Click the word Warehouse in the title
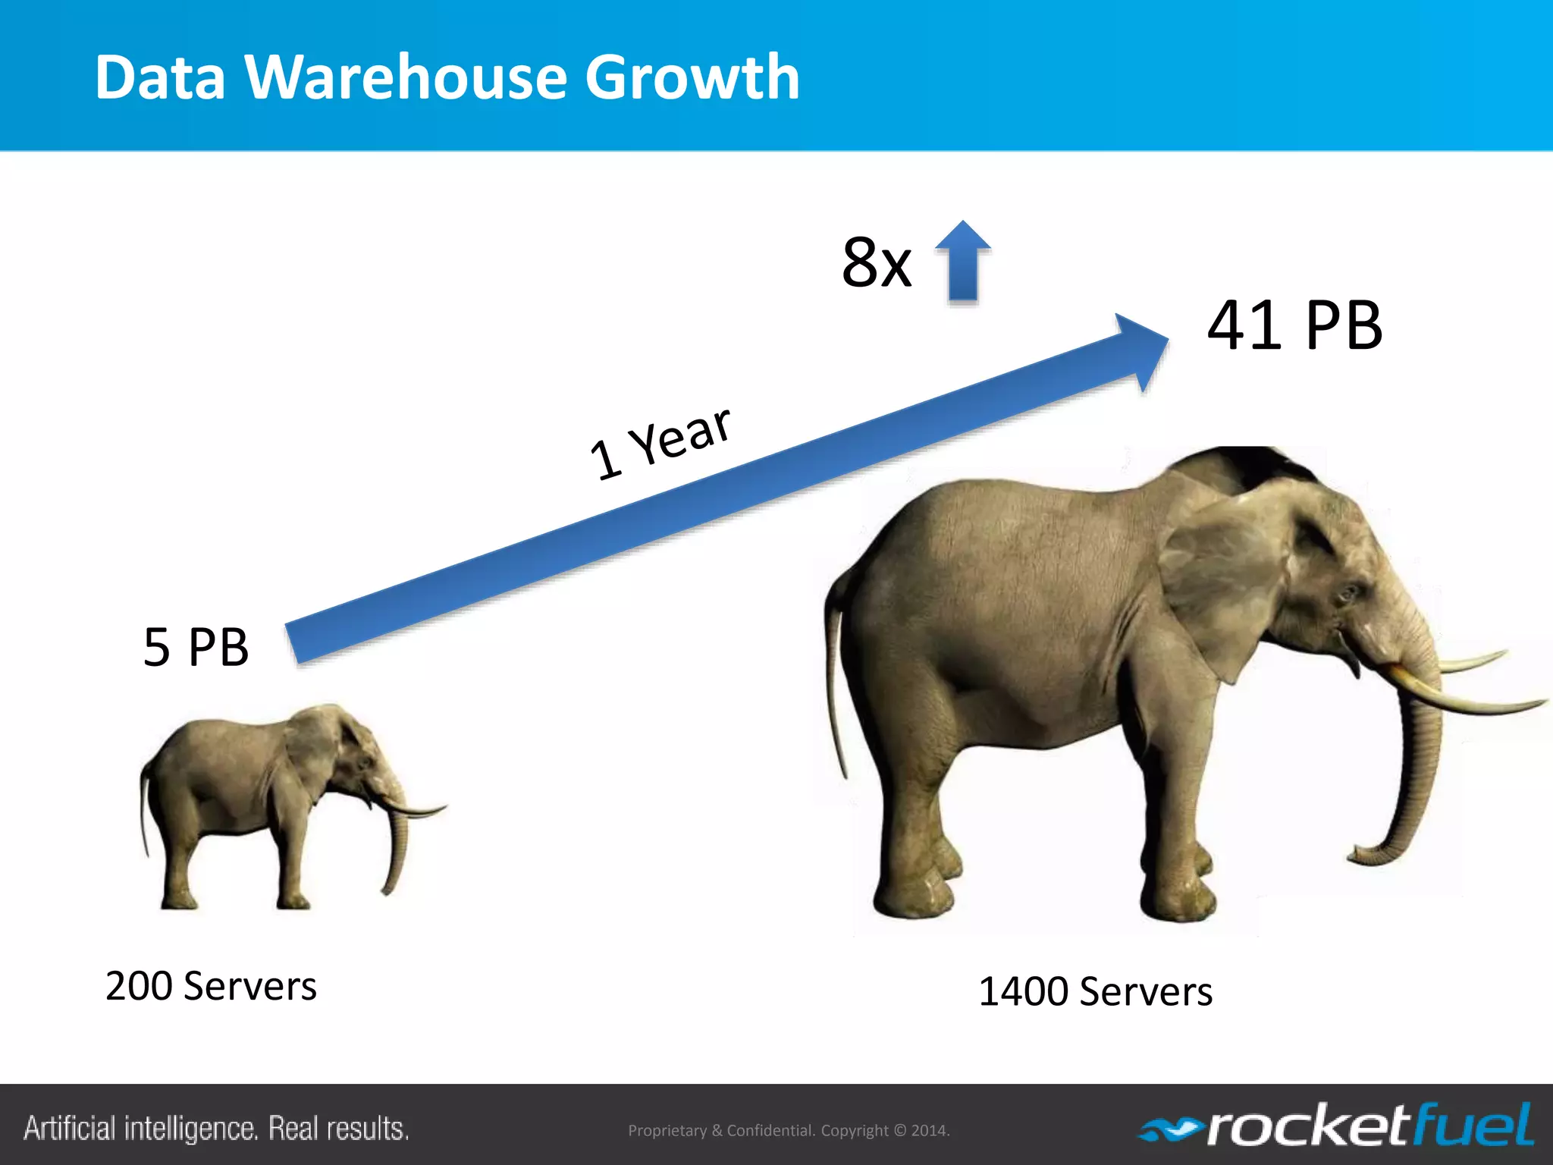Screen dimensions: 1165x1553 pyautogui.click(x=406, y=77)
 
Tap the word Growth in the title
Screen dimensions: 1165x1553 pyautogui.click(x=692, y=79)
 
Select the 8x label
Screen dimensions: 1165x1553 pyautogui.click(x=876, y=262)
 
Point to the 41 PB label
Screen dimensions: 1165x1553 pyautogui.click(x=1294, y=325)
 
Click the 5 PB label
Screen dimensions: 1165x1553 pyautogui.click(x=196, y=647)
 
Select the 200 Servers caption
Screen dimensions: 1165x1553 pyautogui.click(x=211, y=986)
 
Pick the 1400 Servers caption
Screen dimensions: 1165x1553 pyautogui.click(x=1095, y=991)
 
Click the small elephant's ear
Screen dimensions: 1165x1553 pyautogui.click(x=312, y=747)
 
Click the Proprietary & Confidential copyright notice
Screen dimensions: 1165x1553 pyautogui.click(x=789, y=1130)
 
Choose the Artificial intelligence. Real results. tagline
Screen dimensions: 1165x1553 pyautogui.click(x=216, y=1129)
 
